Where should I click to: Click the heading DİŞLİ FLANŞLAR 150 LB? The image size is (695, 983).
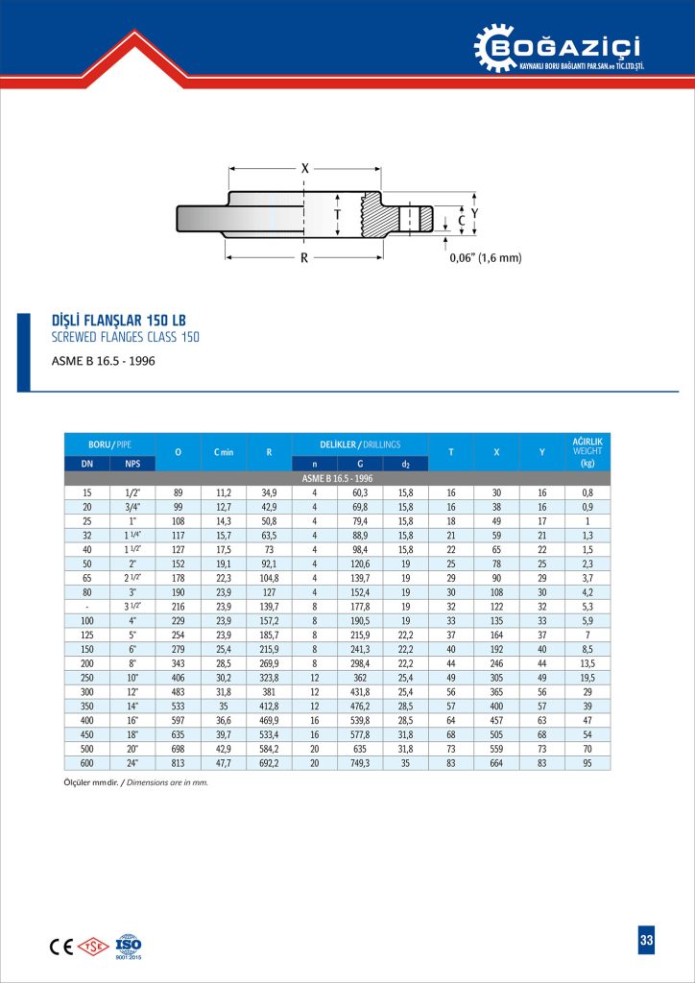click(x=116, y=320)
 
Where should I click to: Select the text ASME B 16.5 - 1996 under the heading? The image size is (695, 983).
click(x=103, y=361)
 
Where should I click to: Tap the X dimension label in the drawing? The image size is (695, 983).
click(x=305, y=168)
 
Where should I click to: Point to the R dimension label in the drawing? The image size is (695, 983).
click(x=303, y=257)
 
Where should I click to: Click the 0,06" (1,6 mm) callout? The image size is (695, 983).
click(x=486, y=257)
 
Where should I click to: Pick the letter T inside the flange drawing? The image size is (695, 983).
click(x=337, y=215)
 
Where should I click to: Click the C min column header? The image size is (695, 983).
click(x=223, y=451)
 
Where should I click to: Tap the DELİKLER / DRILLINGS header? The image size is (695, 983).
click(x=360, y=444)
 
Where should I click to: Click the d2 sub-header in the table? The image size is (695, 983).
click(x=405, y=465)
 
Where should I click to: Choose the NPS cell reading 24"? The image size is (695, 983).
click(x=132, y=763)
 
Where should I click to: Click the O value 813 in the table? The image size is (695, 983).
click(x=178, y=763)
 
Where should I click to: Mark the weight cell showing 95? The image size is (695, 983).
click(x=587, y=763)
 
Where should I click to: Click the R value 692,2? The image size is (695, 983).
click(x=269, y=763)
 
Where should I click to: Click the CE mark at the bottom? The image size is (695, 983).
click(x=60, y=945)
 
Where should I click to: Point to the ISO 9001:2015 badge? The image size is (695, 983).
click(x=128, y=946)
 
